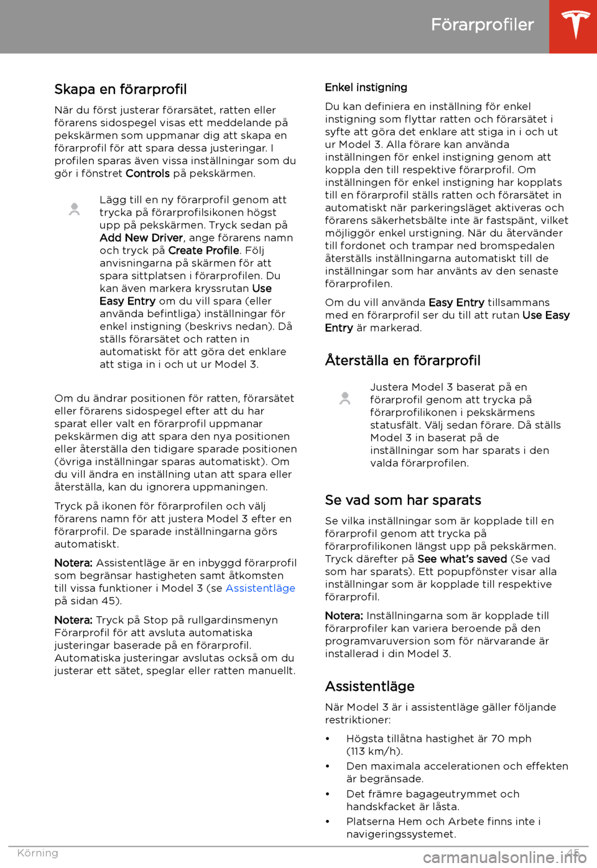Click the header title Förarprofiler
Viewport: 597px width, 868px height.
coord(482,25)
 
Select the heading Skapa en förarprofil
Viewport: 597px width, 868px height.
coord(121,90)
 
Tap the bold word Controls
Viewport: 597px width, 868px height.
coord(147,173)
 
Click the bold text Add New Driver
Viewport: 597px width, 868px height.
coord(141,238)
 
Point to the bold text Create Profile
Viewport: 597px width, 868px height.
coord(203,251)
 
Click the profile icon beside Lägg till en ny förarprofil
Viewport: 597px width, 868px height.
coord(74,210)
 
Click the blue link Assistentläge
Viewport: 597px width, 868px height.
coord(260,588)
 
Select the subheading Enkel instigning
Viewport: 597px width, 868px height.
coord(366,88)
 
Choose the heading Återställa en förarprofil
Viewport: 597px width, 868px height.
coord(402,361)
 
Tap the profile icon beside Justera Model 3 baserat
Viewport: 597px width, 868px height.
coord(345,398)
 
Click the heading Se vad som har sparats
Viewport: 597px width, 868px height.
coord(403,501)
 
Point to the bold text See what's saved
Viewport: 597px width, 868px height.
coord(462,559)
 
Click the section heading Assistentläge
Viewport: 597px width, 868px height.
coord(369,686)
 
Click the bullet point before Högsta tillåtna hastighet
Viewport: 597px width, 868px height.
coord(328,739)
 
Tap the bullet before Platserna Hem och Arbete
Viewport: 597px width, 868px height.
coord(328,822)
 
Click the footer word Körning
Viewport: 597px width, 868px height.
coord(37,853)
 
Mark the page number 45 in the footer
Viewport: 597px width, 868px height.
coord(573,853)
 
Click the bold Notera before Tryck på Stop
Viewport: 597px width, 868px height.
coord(73,620)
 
